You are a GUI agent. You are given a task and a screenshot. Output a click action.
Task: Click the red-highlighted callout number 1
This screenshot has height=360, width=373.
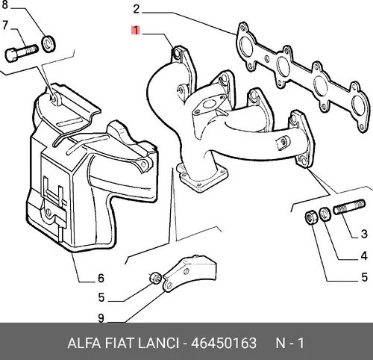pos(136,31)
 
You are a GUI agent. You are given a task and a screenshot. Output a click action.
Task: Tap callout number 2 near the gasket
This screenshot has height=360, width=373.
pos(137,9)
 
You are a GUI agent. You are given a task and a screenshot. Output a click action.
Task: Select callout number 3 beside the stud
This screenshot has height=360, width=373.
pos(364,234)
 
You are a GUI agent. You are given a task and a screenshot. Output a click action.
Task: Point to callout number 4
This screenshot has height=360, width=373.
pos(364,255)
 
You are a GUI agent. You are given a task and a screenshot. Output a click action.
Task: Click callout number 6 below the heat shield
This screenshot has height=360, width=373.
pos(101,279)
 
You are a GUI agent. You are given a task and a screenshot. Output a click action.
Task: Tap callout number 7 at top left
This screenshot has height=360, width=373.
pos(5,25)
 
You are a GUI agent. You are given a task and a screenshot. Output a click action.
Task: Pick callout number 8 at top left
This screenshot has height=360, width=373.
pos(4,4)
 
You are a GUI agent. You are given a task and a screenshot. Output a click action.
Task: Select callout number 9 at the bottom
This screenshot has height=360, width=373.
pos(101,318)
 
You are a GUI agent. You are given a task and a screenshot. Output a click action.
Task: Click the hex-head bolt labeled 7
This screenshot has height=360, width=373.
pos(22,53)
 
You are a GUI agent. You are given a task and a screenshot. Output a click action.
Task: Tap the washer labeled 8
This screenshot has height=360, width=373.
pos(48,44)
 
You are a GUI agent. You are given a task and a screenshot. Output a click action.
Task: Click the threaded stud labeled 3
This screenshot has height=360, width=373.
pos(349,207)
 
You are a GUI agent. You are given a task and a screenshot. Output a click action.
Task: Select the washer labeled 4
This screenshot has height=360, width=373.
pos(325,214)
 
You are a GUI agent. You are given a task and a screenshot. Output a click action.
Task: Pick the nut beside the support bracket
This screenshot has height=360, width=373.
pos(156,278)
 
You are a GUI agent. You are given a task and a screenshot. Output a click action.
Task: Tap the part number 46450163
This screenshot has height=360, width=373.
pos(224,343)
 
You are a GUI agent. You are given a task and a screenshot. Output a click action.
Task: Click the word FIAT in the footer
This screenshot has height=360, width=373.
pos(120,343)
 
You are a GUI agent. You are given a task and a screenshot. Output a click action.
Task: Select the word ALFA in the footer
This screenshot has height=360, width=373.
pos(84,343)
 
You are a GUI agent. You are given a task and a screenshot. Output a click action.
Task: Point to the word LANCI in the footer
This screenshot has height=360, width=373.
pos(158,343)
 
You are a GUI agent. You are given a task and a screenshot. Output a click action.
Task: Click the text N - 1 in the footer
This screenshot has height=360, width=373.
pos(290,343)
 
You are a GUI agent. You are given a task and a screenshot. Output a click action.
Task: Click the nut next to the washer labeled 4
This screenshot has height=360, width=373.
pos(311,217)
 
